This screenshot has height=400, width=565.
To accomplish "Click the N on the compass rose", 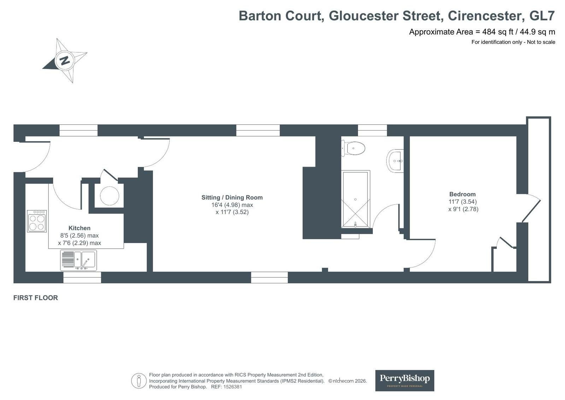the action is click(x=65, y=60).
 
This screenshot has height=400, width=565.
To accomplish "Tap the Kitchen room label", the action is click(x=80, y=228).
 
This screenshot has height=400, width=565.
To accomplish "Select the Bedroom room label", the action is click(x=462, y=194).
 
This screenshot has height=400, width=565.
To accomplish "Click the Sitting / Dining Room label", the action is click(x=232, y=197).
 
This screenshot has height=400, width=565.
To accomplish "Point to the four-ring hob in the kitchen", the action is click(x=37, y=221).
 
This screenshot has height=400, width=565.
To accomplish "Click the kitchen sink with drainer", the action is click(x=78, y=260).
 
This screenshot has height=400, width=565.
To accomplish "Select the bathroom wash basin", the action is click(x=395, y=161).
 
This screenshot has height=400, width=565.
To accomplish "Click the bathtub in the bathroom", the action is click(x=355, y=199).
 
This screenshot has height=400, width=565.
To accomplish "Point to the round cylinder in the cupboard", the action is click(x=110, y=196).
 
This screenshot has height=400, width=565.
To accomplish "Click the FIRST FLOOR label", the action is click(x=36, y=298).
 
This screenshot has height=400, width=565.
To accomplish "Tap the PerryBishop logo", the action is click(x=405, y=381).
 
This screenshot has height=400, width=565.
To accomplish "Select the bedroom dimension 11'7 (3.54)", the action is click(x=463, y=202).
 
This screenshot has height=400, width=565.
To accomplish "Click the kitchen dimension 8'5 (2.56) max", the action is click(x=79, y=235).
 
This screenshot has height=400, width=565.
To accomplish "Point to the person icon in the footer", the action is click(x=139, y=381).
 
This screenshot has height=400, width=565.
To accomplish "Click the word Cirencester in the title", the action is click(x=484, y=16).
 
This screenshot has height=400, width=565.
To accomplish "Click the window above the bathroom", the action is click(x=372, y=130).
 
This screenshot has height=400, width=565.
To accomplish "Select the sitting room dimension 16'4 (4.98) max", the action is click(x=232, y=205).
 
